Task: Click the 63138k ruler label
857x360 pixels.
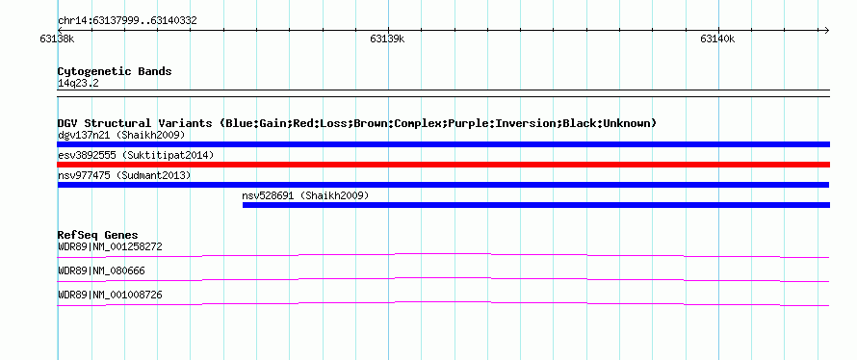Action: coord(57,39)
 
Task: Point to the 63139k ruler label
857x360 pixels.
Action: coord(387,39)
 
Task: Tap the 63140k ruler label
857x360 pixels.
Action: coord(717,39)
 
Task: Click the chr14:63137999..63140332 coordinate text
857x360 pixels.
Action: coord(127,21)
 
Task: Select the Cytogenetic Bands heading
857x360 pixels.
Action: coord(115,71)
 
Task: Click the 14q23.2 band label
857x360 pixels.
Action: coord(78,84)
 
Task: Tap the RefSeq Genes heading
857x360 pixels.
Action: coord(98,235)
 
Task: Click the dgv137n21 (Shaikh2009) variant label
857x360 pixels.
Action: coord(121,135)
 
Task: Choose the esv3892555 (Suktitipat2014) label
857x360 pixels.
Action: coord(136,155)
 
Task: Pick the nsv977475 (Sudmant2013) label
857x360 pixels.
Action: coord(124,175)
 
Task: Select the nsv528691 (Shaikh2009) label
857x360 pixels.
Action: coord(305,195)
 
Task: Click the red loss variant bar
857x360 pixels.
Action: coord(443,165)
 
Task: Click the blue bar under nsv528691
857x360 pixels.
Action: coord(536,205)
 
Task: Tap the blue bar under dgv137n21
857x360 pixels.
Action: coord(443,144)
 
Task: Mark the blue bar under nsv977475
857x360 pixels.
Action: coord(443,185)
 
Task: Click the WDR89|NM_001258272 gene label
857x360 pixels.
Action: coord(110,247)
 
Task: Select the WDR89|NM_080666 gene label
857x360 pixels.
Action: coord(101,270)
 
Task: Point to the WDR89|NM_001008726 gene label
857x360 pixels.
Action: coord(110,295)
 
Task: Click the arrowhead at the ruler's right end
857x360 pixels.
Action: coord(827,30)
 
